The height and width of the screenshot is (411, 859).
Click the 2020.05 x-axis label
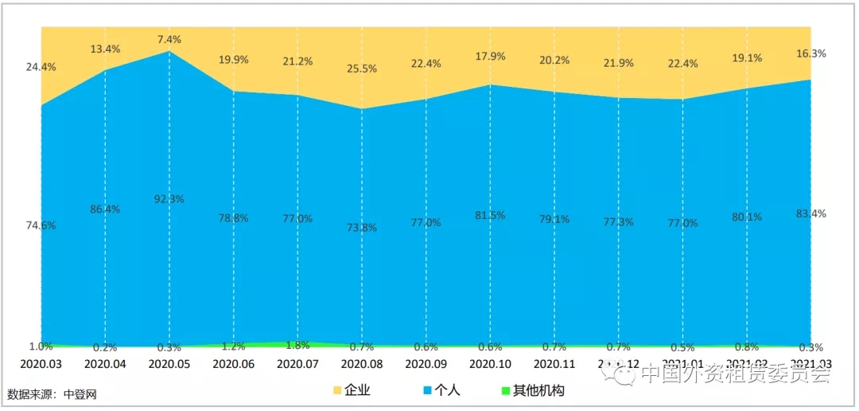coord(169,363)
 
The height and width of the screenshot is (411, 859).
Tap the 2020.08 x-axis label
coord(362,363)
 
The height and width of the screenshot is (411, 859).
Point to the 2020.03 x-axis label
coord(41,363)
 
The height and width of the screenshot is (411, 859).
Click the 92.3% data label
coord(169,199)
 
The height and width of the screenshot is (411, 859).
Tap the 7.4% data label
coord(169,40)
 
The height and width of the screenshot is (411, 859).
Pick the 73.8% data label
coord(362,227)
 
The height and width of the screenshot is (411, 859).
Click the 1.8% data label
coord(297,346)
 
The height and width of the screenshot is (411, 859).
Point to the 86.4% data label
coord(105,209)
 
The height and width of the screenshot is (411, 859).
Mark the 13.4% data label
coord(105,49)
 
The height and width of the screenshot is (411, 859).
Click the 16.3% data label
coord(810,53)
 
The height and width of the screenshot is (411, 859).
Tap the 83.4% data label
coord(810,213)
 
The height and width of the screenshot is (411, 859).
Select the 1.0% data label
coord(41,346)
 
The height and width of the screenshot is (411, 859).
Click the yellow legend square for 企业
coord(336,390)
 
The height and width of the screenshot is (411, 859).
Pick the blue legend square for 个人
coord(426,390)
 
